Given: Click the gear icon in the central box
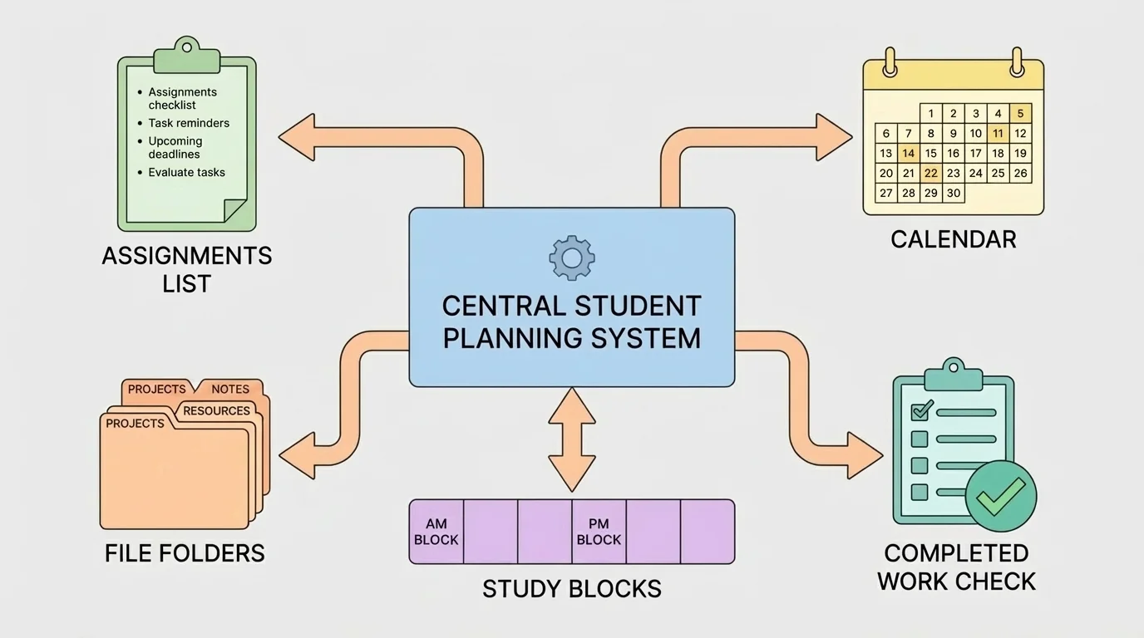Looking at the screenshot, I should click(571, 258).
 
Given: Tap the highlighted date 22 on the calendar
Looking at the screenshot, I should click(931, 174).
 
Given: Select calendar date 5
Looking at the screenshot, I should click(1020, 114).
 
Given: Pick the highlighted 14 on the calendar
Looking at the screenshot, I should click(909, 154).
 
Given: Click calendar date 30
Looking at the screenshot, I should click(954, 194).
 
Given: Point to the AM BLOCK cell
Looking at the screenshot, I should click(436, 532).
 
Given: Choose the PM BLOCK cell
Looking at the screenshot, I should click(599, 532).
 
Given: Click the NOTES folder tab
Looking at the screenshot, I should click(230, 389).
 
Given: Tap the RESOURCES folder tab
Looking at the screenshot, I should click(216, 410).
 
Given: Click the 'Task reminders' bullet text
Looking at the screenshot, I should click(189, 123).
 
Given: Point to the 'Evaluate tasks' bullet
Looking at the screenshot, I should click(186, 173).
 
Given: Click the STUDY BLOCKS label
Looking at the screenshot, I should click(571, 589).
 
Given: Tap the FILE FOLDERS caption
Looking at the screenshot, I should click(185, 553).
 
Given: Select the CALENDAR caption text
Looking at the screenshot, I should click(953, 239).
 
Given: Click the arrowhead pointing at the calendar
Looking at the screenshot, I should click(834, 137).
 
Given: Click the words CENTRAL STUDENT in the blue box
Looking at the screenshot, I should click(571, 306).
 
